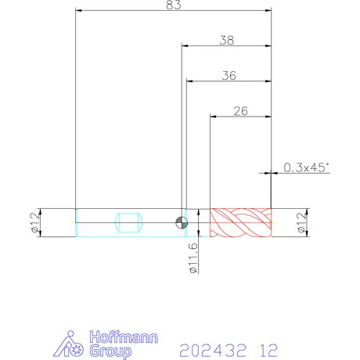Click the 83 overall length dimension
(174, 5)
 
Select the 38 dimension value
(227, 41)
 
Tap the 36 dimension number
(229, 76)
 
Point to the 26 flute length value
(240, 111)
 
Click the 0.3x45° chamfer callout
(306, 167)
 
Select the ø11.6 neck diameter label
(194, 257)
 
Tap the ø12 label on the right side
(301, 222)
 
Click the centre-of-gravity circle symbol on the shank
(182, 223)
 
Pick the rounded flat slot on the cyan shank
(129, 222)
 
